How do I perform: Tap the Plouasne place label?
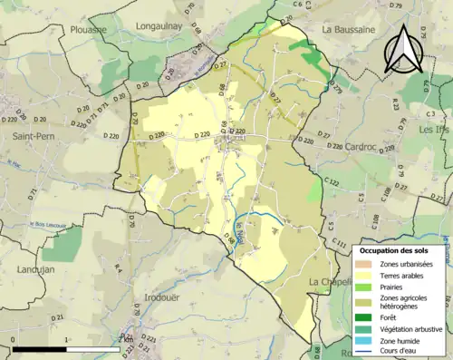click(x=86, y=29)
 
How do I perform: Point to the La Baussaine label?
click(x=349, y=29)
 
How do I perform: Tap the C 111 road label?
click(x=339, y=244)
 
